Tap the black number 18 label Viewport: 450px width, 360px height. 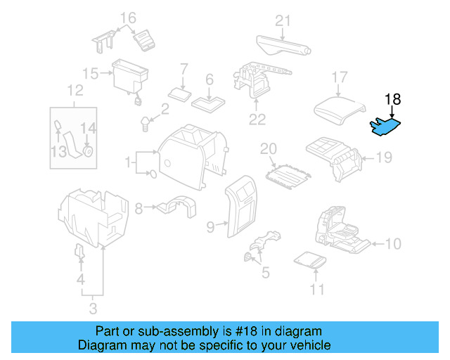392,99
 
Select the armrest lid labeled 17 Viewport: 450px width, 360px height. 339,110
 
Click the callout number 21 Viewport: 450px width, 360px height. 283,20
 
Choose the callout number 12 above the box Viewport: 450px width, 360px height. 75,90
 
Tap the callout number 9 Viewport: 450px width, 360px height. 210,226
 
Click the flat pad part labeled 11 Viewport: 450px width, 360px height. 310,261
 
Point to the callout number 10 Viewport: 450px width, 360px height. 394,244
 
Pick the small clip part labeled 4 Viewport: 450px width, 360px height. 79,252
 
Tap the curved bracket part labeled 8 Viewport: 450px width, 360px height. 175,207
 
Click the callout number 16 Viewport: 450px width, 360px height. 127,18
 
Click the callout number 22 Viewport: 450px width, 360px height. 257,119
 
